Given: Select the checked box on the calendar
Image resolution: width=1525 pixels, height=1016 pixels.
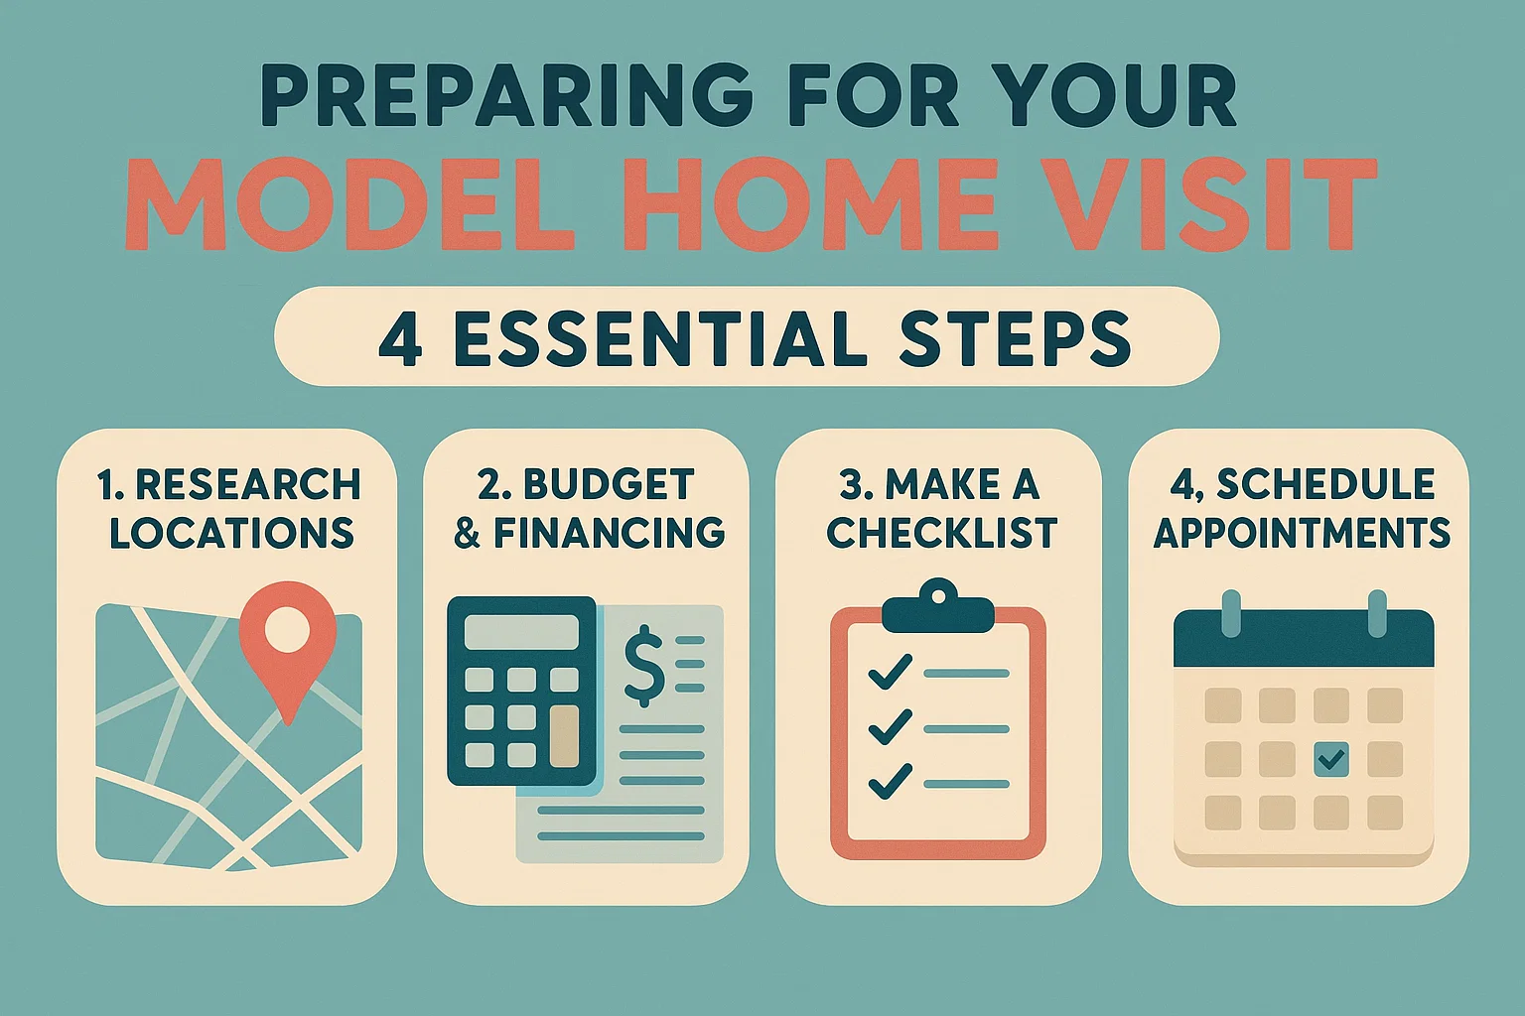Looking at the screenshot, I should [x=1330, y=760].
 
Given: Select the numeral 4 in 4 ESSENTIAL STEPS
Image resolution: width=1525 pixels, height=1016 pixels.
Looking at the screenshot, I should [x=400, y=338].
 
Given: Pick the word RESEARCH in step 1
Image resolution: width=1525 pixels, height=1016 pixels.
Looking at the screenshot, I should [x=248, y=485].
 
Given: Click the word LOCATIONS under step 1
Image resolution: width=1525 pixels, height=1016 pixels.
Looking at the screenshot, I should [x=231, y=533].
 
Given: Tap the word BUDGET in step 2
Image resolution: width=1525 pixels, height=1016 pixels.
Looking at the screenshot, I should [x=609, y=485].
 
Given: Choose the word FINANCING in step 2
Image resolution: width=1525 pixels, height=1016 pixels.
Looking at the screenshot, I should [x=610, y=533].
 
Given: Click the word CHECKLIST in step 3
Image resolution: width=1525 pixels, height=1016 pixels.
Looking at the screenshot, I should [x=941, y=533].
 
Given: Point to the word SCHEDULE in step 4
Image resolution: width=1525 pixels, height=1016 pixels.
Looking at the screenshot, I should [x=1325, y=485].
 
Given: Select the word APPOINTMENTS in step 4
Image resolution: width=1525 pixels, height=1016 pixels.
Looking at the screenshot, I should [x=1302, y=533].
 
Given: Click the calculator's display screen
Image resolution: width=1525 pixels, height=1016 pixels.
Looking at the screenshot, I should [x=521, y=632].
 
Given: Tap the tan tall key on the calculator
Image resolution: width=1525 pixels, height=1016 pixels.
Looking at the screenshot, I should [x=564, y=735].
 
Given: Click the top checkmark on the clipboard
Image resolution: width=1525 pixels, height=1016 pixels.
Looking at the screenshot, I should [x=891, y=673].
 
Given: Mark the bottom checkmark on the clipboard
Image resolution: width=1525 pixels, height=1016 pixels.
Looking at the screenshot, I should [x=891, y=782].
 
